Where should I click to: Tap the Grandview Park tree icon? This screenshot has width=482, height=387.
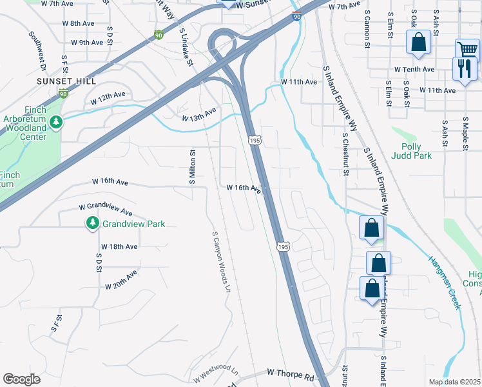tap(93, 223)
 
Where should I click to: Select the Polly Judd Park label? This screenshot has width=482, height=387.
tap(416, 152)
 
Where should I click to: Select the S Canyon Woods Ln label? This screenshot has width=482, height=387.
tap(220, 261)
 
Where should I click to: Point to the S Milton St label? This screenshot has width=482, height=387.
tap(192, 166)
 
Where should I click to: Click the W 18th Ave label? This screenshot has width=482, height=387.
tap(119, 246)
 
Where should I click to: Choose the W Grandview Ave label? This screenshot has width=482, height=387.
tap(106, 210)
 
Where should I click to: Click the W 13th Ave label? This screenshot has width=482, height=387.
tap(198, 115)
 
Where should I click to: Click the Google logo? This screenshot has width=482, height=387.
tap(21, 379)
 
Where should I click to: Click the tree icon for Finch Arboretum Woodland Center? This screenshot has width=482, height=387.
tap(56, 121)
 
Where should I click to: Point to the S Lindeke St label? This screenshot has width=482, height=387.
tap(187, 46)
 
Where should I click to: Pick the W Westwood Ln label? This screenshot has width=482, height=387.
tap(216, 375)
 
